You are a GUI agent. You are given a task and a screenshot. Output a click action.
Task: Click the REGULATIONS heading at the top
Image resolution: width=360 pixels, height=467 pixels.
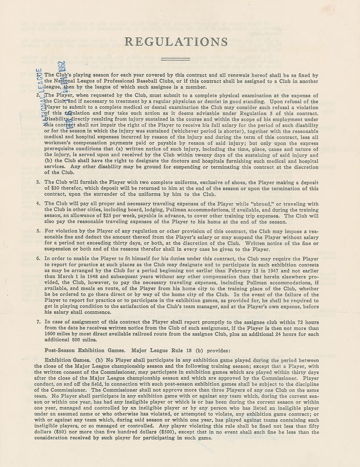(176, 42)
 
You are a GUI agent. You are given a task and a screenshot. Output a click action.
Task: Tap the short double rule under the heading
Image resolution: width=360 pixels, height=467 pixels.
(176, 59)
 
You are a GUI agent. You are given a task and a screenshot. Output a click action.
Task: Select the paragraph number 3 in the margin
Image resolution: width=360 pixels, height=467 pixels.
(39, 182)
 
